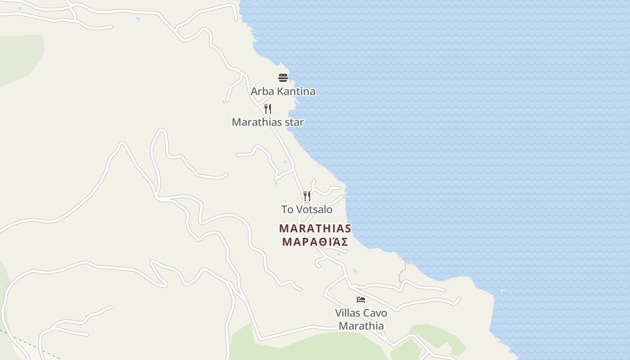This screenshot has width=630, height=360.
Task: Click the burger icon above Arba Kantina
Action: coord(283,78)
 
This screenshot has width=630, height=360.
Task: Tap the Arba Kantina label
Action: coord(283,91)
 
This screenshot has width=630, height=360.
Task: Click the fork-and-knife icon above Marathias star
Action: coord(268,108)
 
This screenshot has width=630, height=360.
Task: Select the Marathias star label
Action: coord(268,122)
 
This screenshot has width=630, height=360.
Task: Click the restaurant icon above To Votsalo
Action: coord(307,196)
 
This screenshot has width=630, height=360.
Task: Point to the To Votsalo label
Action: coord(307,209)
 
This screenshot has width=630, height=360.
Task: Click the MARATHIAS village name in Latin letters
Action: coord(315,228)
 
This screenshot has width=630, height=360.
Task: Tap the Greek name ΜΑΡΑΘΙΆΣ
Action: coord(315,242)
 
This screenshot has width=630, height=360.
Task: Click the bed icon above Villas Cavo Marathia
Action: coord(360,299)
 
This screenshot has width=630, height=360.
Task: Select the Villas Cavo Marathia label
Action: coord(361,319)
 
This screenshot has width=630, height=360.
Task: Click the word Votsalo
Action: coord(315,209)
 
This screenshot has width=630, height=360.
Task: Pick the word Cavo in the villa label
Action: coord(375,313)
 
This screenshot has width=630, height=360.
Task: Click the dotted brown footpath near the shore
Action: coord(402,274)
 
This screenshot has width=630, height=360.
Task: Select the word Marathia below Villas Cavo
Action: coord(361,326)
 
